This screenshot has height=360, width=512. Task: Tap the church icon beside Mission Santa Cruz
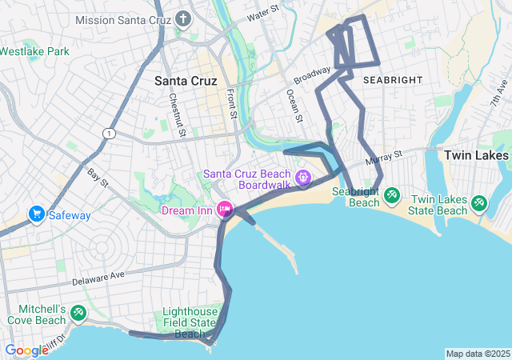(183, 18)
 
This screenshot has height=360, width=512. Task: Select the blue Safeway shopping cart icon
(36, 214)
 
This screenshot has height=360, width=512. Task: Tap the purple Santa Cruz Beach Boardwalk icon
(303, 177)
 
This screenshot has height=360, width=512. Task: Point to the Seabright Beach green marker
(391, 194)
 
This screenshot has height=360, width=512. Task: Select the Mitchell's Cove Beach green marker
(78, 313)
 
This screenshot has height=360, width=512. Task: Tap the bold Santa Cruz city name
(185, 80)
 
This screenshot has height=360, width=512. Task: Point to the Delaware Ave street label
(98, 280)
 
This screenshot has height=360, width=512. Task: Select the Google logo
(26, 350)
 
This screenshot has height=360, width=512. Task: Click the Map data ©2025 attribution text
(477, 354)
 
